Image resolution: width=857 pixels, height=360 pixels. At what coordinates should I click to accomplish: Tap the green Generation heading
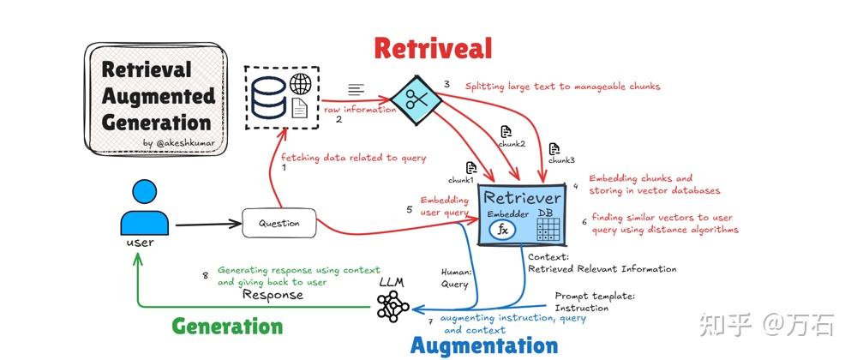[x=227, y=327]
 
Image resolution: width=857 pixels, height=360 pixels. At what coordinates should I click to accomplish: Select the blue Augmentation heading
[x=484, y=346]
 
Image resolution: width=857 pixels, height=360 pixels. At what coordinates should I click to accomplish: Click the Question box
[x=279, y=224]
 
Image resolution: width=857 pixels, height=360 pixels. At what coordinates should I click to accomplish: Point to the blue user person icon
[x=140, y=210]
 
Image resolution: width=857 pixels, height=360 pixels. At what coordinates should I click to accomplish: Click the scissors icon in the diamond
[x=417, y=99]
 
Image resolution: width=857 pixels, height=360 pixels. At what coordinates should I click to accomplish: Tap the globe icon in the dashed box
[x=300, y=84]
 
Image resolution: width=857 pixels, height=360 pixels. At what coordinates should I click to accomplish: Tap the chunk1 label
[x=460, y=181]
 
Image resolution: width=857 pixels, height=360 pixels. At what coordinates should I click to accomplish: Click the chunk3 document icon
[x=554, y=149]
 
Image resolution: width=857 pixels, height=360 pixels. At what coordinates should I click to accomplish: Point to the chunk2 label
[x=512, y=143]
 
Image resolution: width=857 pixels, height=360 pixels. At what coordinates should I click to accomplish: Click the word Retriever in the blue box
[x=523, y=198]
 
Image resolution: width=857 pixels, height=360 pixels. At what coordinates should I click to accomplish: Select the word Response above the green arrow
[x=273, y=295]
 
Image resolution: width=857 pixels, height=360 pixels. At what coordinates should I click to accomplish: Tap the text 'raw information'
[x=360, y=109]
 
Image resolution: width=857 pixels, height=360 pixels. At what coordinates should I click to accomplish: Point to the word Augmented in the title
[x=159, y=95]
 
